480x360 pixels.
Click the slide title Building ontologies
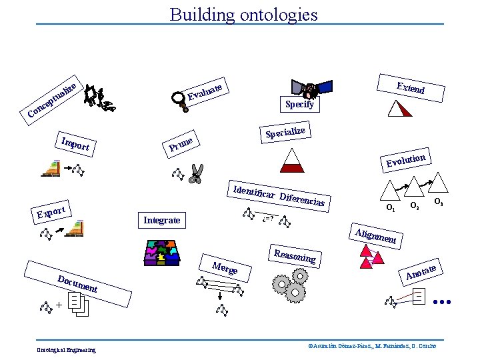point(243,14)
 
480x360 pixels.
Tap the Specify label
point(299,105)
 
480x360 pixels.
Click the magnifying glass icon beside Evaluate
point(179,99)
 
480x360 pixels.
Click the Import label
point(75,143)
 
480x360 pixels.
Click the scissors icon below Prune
point(195,174)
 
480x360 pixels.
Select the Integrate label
point(162,220)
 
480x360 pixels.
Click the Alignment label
point(376,235)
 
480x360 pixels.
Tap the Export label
point(51,212)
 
